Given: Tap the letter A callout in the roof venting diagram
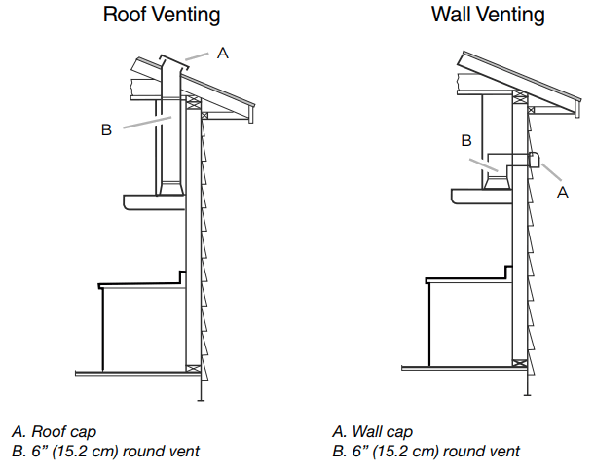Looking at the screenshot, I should pyautogui.click(x=223, y=54).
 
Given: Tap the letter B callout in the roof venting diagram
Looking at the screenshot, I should pyautogui.click(x=106, y=129).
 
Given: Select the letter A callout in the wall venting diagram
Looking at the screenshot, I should pyautogui.click(x=562, y=193).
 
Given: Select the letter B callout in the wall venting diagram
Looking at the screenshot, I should pyautogui.click(x=466, y=140).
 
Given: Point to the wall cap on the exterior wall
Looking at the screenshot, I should pyautogui.click(x=534, y=159).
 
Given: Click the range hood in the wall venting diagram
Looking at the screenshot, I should pyautogui.click(x=481, y=196).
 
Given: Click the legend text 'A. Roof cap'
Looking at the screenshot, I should pyautogui.click(x=54, y=431).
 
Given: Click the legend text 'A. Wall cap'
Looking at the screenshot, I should pyautogui.click(x=373, y=431).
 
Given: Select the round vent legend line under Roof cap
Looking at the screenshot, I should pyautogui.click(x=105, y=451).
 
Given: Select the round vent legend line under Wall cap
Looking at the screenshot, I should pyautogui.click(x=426, y=451).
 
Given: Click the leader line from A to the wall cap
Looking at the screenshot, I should pyautogui.click(x=550, y=174).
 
